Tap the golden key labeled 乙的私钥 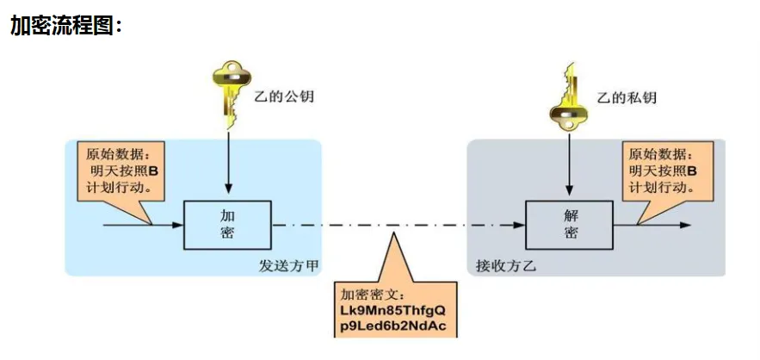coord(568,95)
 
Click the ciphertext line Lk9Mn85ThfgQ coord(393,310)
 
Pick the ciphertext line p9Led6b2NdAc coord(393,327)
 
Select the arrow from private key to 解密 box coord(568,164)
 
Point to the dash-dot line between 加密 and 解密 coord(396,226)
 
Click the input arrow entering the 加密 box coord(142,226)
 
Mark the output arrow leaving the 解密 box coord(663,226)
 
